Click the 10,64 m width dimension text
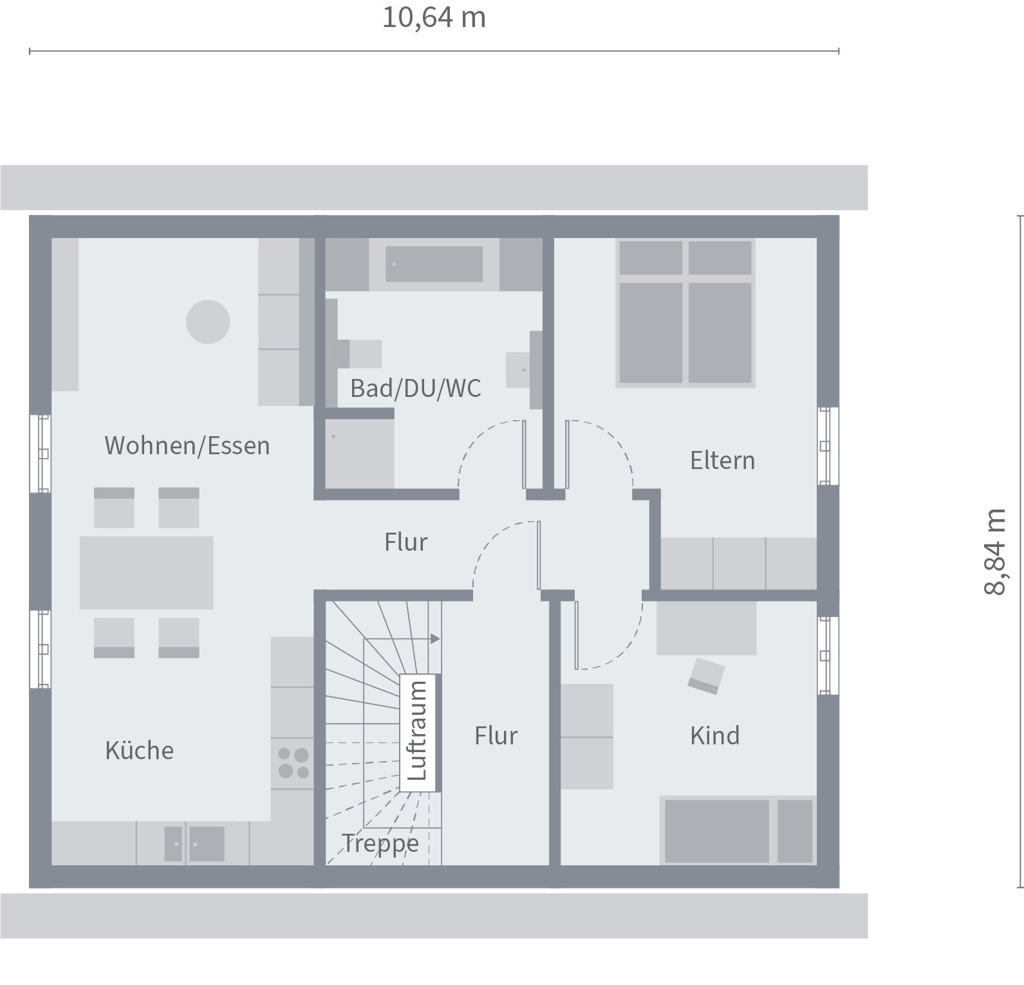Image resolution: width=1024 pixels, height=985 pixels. [434, 18]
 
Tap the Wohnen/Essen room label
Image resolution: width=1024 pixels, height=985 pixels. [187, 446]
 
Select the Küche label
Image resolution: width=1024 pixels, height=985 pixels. [139, 751]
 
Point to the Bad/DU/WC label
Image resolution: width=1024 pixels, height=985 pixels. [415, 389]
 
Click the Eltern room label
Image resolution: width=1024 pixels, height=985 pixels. [722, 461]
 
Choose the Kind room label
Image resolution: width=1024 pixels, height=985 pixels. [714, 735]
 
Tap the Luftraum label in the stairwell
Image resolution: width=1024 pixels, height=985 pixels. [418, 732]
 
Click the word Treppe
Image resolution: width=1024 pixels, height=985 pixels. [380, 843]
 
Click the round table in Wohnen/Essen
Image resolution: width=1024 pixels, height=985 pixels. [208, 322]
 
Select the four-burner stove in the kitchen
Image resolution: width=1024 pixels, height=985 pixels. [293, 763]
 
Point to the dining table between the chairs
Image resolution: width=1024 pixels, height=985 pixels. [146, 573]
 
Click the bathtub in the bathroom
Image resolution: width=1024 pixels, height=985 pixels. [434, 264]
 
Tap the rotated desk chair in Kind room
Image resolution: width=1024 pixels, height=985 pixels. [706, 676]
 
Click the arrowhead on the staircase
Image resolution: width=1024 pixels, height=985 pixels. [435, 639]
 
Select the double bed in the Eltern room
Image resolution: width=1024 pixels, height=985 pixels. [685, 313]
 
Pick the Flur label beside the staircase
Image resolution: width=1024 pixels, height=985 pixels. [496, 736]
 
